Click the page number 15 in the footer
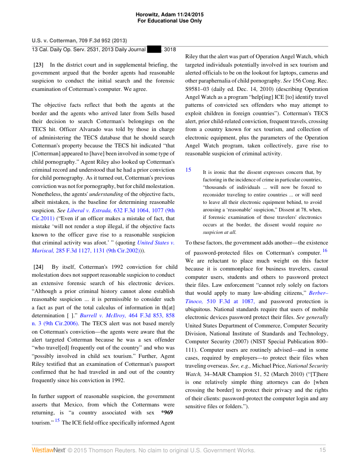pyautogui.click(x=322, y=450)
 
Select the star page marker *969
pyautogui.click(x=169, y=413)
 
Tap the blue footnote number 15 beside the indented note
pyautogui.click(x=188, y=169)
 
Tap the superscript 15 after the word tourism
pyautogui.click(x=57, y=420)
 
